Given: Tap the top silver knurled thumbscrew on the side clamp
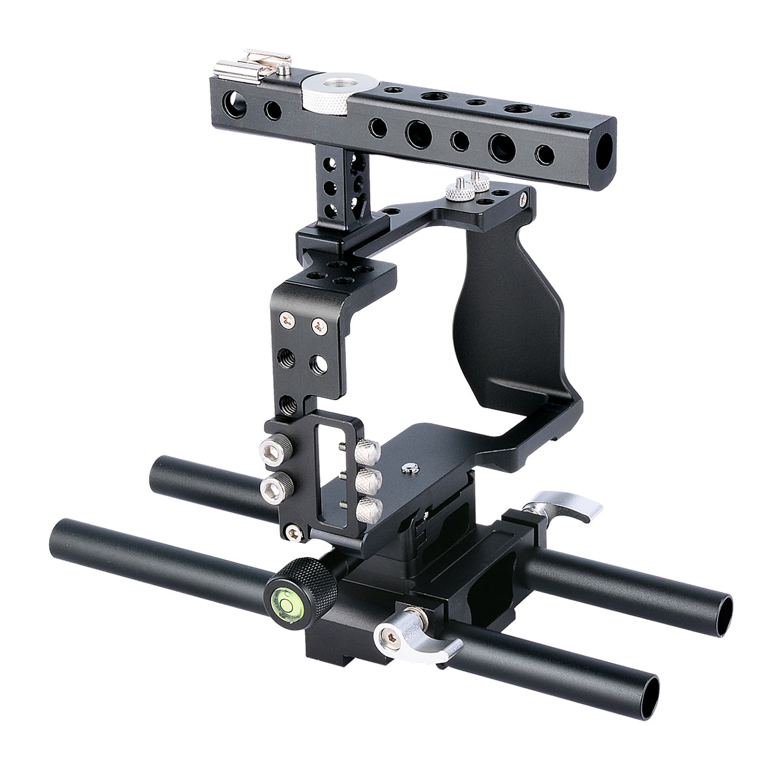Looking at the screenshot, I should coord(368,449).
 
